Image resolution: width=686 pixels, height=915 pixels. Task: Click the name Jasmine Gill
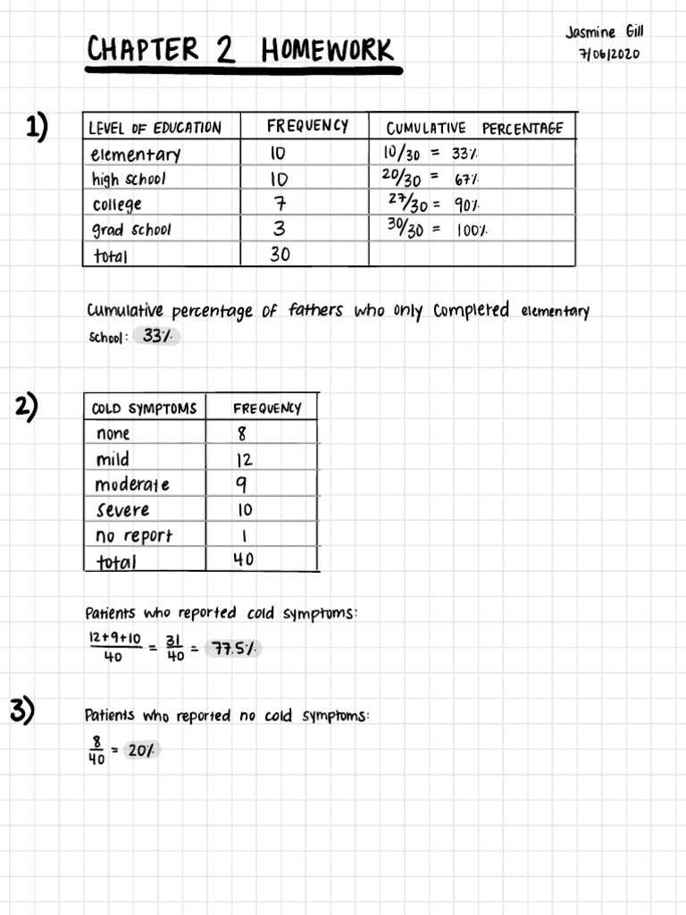(605, 32)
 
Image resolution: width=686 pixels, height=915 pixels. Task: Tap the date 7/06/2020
(609, 53)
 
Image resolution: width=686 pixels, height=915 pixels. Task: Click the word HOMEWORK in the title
(327, 50)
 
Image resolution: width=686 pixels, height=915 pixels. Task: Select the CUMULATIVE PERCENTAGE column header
(474, 128)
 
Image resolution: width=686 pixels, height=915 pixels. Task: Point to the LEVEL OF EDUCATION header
(155, 128)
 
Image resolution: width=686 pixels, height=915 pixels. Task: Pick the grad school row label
(131, 230)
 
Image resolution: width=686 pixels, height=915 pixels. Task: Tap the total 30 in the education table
(281, 255)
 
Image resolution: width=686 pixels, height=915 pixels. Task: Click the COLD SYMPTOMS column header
(144, 409)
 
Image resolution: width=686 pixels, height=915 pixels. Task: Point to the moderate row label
(132, 484)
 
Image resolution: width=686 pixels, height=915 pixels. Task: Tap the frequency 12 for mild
(244, 460)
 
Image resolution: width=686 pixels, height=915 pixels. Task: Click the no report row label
(133, 535)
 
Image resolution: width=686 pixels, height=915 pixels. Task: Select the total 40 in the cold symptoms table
(243, 559)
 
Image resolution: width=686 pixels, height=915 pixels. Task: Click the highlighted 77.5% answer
(233, 649)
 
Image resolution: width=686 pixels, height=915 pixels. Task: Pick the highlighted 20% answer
(141, 751)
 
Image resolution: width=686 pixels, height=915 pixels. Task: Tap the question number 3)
(22, 711)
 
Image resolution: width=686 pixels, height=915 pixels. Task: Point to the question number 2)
(28, 407)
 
